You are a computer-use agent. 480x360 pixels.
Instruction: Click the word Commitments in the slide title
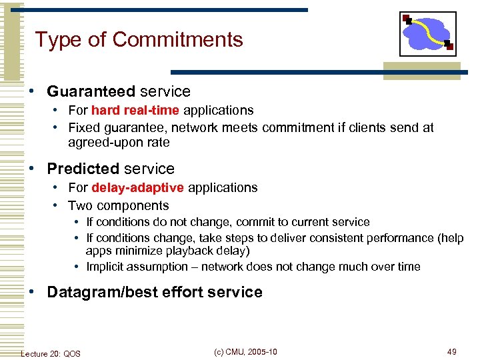click(177, 40)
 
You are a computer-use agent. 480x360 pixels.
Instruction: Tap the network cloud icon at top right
click(428, 34)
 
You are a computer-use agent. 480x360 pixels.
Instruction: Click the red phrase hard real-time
click(135, 111)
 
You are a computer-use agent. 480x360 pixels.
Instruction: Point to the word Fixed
click(83, 127)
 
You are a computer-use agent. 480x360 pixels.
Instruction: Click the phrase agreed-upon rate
click(119, 142)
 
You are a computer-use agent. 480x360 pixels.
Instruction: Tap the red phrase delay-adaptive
click(138, 188)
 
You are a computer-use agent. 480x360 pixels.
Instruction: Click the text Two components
click(118, 205)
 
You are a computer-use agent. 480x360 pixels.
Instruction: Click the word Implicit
click(108, 267)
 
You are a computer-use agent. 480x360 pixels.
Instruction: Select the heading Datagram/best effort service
click(155, 292)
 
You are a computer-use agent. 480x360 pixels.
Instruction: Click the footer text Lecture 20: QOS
click(51, 353)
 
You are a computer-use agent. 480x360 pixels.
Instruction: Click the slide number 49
click(451, 351)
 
